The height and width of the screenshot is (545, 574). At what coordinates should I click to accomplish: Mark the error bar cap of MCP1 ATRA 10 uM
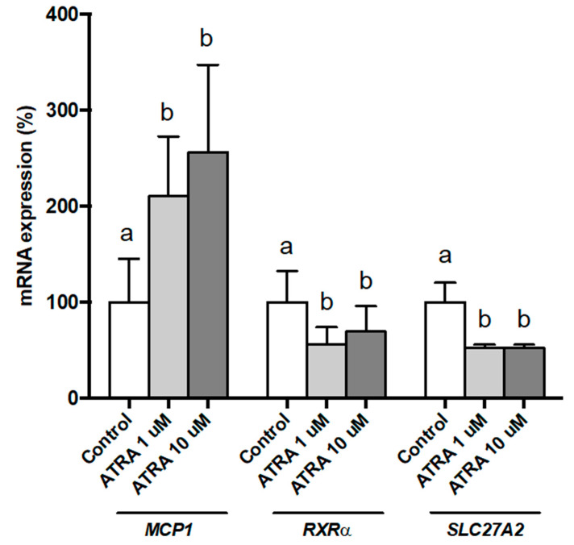(208, 65)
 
